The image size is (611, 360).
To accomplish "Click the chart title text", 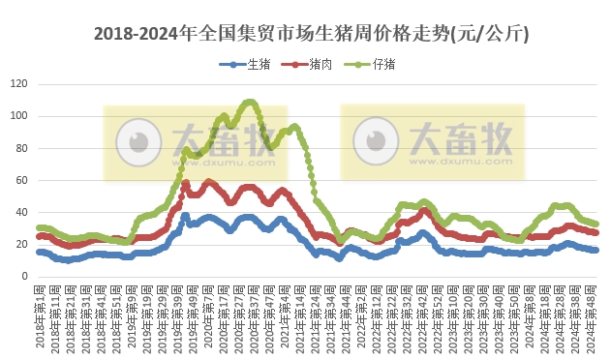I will click(x=311, y=34).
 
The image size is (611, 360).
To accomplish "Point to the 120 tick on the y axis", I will click(x=18, y=84).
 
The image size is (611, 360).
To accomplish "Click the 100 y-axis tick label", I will click(x=18, y=116).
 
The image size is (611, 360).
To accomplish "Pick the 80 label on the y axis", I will click(x=21, y=148).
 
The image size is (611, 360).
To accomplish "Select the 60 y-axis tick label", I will click(x=21, y=180).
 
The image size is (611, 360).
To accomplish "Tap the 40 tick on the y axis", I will click(x=21, y=212).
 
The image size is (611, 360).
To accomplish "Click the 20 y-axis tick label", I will click(x=21, y=244).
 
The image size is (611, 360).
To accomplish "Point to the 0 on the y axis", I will click(x=24, y=276).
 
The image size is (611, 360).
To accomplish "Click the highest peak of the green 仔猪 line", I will click(x=250, y=102).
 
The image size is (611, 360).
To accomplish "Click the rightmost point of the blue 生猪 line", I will click(x=596, y=250).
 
